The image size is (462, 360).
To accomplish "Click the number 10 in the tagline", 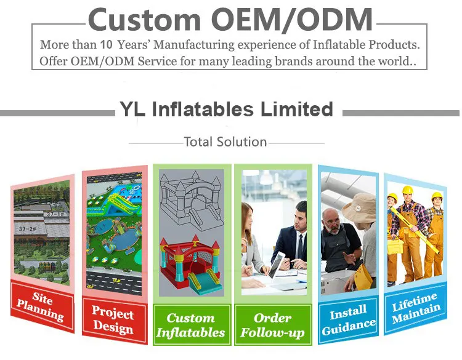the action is (x=107, y=44).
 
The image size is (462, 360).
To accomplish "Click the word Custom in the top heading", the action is (x=144, y=20).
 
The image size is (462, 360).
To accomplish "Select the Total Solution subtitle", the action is (x=225, y=142).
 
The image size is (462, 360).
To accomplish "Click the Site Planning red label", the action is (x=42, y=306).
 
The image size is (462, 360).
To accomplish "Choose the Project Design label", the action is (x=115, y=320).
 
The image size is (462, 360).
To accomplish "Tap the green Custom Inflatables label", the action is (x=191, y=325).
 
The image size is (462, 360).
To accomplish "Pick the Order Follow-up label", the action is (x=273, y=325).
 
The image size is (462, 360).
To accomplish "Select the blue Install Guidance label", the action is (x=348, y=320).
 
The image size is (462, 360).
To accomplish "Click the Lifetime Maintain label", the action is (x=415, y=308).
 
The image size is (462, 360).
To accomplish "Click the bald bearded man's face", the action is (x=333, y=222).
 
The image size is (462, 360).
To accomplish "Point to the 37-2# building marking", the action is (x=27, y=229).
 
